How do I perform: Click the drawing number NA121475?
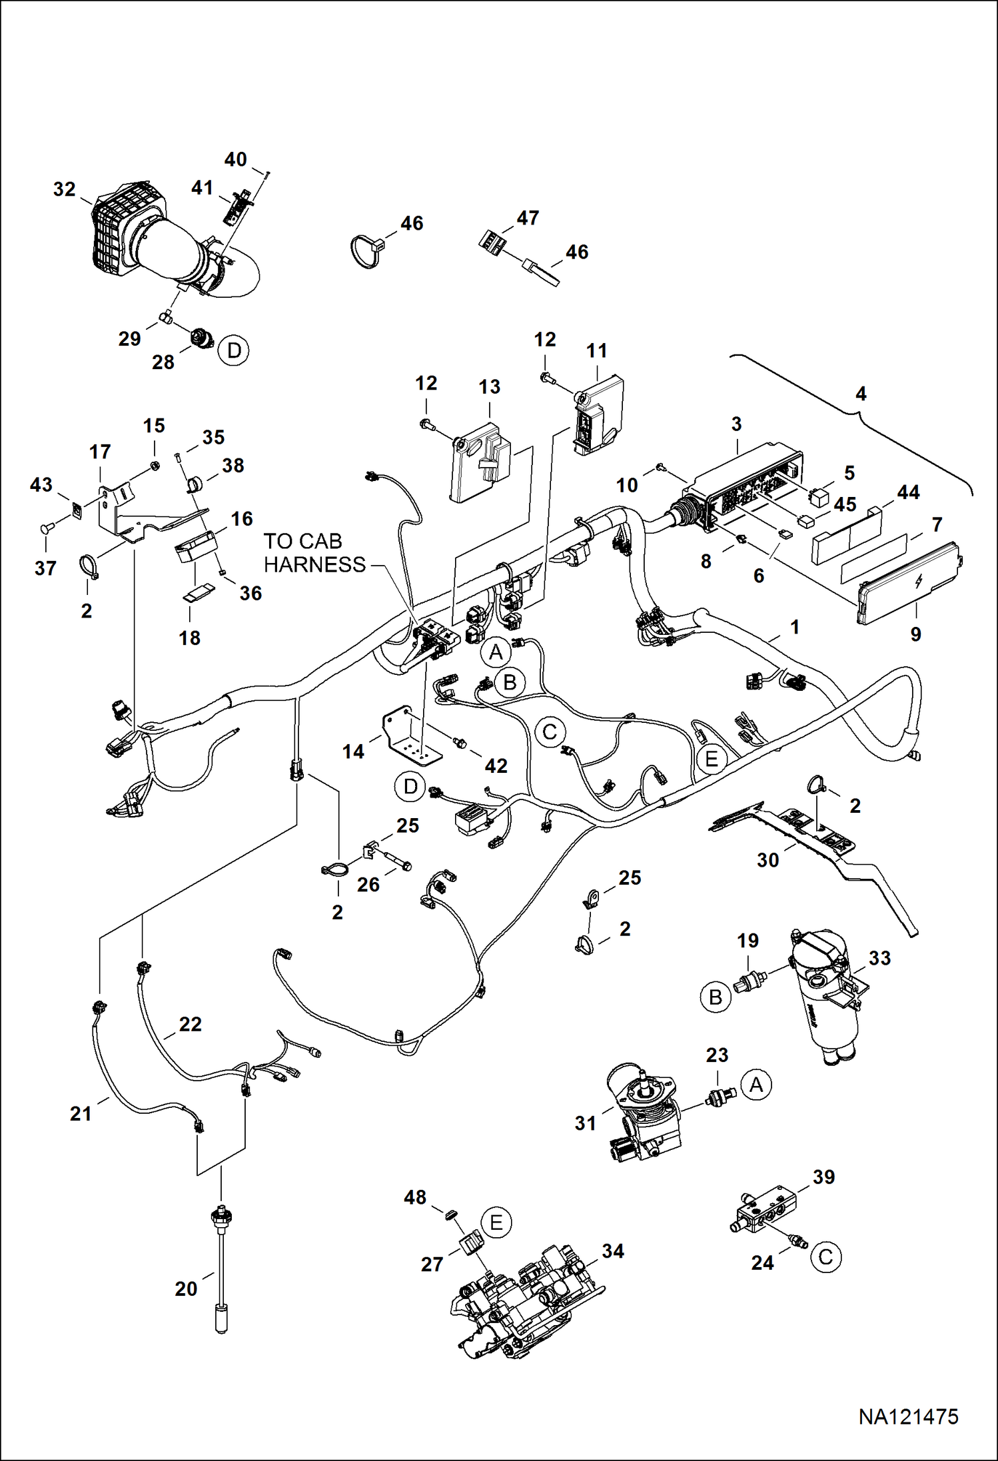click(x=908, y=1416)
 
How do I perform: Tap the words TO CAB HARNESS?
click(x=314, y=552)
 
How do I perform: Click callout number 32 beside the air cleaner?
click(x=65, y=190)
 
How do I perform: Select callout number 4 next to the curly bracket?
click(x=861, y=394)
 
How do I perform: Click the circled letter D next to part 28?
click(x=234, y=350)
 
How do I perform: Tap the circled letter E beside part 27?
click(x=496, y=1223)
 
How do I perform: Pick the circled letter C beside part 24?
click(x=825, y=1257)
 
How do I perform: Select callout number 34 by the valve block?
click(x=613, y=1251)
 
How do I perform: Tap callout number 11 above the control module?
click(x=596, y=351)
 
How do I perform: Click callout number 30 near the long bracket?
click(x=767, y=860)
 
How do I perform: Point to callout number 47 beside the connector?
click(x=528, y=218)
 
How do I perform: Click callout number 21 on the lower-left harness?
click(x=81, y=1113)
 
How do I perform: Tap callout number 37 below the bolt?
click(x=45, y=568)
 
